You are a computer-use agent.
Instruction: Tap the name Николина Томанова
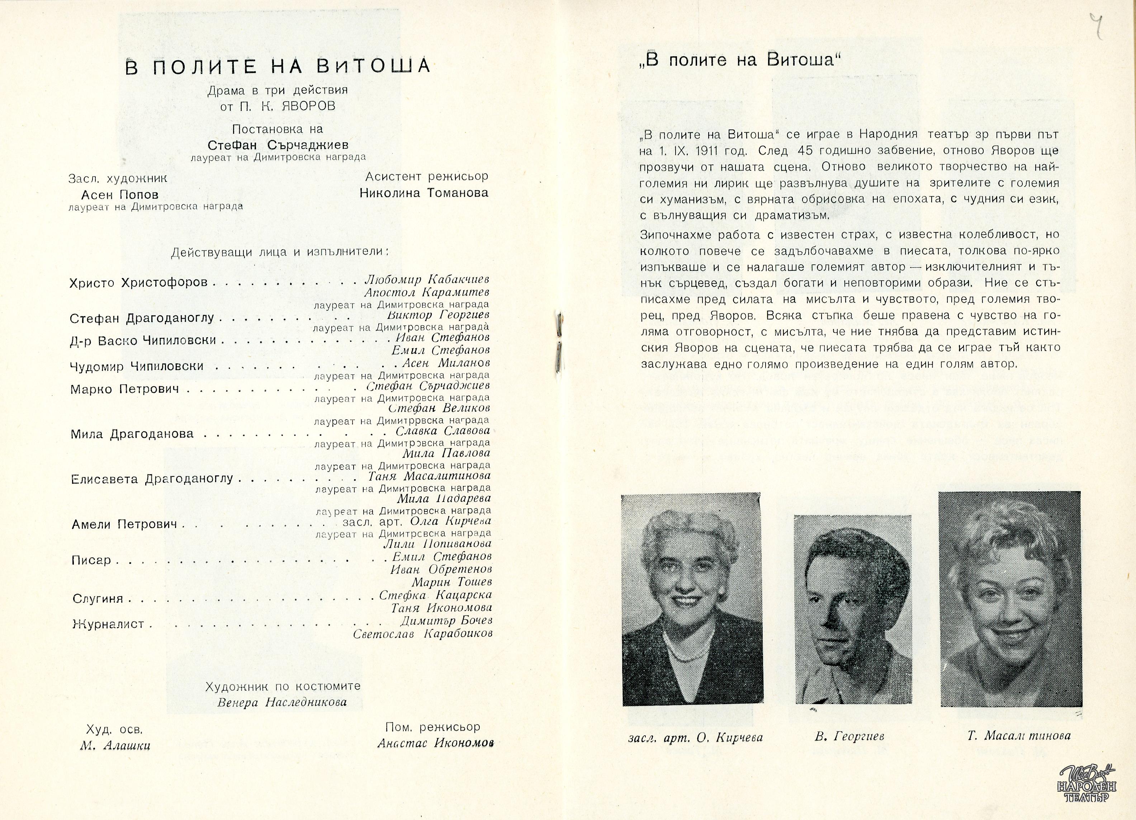click(x=424, y=193)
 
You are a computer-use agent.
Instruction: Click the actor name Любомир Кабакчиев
click(x=427, y=279)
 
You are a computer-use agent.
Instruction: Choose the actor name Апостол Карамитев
click(x=427, y=292)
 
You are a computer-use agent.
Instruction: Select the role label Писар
click(x=91, y=560)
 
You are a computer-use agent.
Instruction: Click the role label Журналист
click(x=108, y=624)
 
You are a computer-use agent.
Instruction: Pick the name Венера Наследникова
click(x=282, y=702)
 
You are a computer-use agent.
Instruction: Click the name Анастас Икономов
click(x=435, y=743)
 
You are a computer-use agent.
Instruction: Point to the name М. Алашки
click(x=115, y=745)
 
